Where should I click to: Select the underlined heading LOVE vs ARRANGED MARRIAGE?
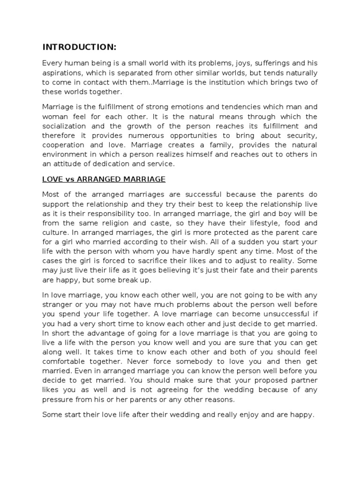point(104,179)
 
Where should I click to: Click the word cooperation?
point(63,145)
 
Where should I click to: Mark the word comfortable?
point(65,362)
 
